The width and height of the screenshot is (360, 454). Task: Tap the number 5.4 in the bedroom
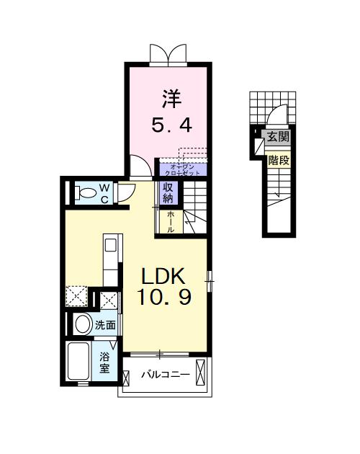[171, 125]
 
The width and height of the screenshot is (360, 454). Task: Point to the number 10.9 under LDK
[165, 297]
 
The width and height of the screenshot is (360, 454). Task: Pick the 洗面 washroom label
[105, 325]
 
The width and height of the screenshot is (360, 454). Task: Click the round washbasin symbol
[81, 324]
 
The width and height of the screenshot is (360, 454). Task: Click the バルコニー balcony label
[164, 375]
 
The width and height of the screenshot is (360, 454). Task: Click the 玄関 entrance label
[278, 135]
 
